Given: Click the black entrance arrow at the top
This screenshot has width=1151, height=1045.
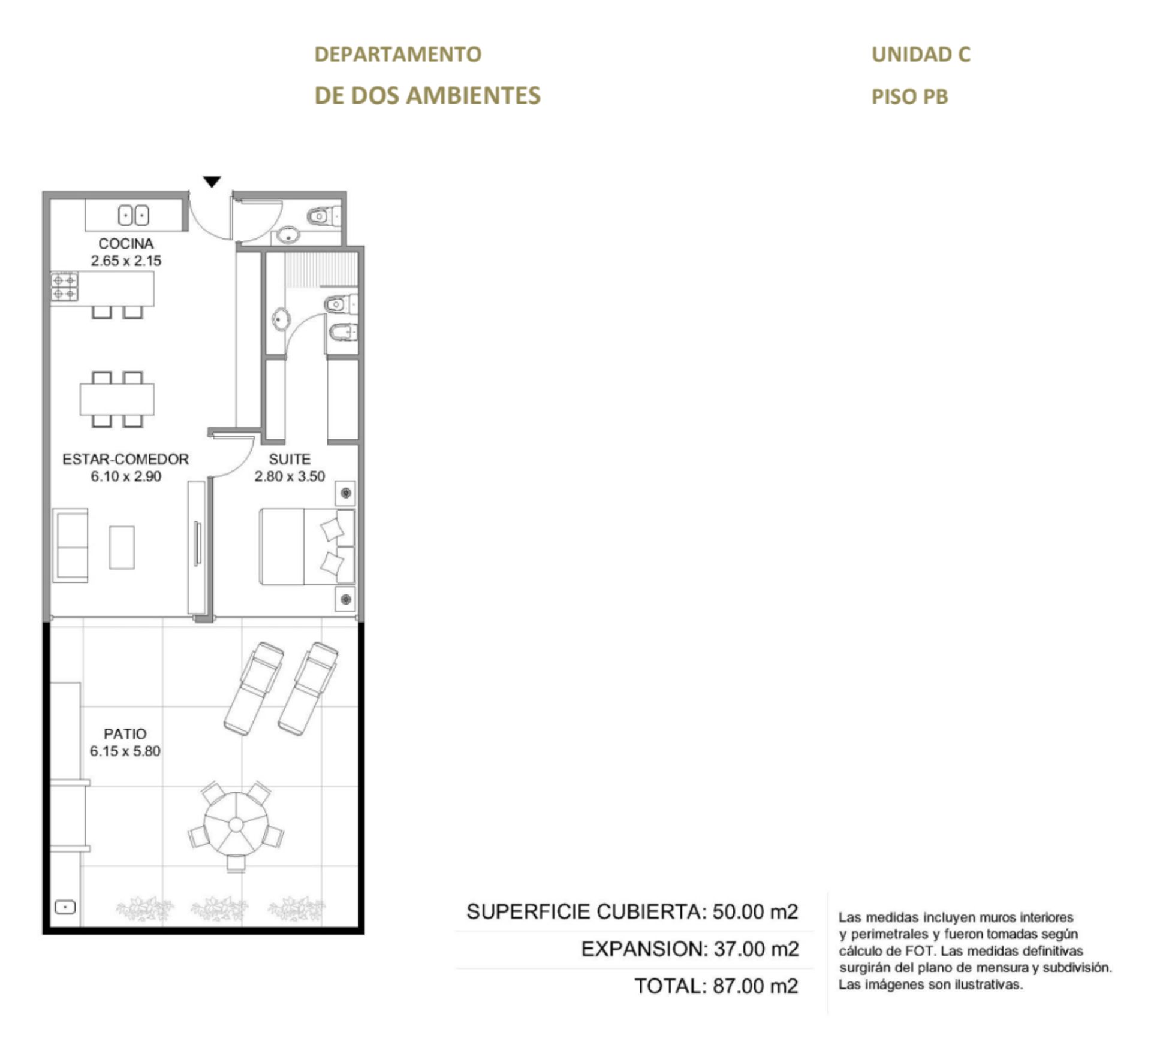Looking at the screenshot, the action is click(x=212, y=182).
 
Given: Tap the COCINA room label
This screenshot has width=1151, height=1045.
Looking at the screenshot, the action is click(x=126, y=244).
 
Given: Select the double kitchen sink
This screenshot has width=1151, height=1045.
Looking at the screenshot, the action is click(x=133, y=215).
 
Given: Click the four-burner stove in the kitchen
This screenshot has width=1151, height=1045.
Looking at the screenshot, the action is click(x=64, y=286).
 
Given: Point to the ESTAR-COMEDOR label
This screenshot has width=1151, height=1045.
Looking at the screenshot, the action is click(x=126, y=459).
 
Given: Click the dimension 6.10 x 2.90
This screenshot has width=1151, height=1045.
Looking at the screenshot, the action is click(x=126, y=476).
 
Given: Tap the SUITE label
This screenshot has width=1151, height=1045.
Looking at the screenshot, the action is click(x=290, y=459).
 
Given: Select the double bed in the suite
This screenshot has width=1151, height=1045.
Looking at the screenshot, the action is click(x=307, y=546).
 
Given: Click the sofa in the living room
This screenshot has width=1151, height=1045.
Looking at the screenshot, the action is click(x=70, y=545).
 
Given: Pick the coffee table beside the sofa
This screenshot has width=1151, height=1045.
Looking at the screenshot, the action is click(x=122, y=547).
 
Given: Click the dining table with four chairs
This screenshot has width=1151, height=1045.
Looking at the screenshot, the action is click(x=117, y=399).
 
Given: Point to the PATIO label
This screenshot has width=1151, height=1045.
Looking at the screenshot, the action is click(x=125, y=734).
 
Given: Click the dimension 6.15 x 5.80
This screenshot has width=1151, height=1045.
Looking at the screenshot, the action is click(x=125, y=751).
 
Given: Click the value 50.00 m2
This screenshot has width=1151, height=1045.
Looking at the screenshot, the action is click(x=755, y=912).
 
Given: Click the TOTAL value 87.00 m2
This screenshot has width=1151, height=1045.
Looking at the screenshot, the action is click(x=755, y=986).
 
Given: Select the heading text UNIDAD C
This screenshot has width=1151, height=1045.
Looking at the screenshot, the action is click(x=921, y=55).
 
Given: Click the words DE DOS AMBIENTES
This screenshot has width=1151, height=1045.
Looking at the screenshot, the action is click(x=427, y=96).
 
